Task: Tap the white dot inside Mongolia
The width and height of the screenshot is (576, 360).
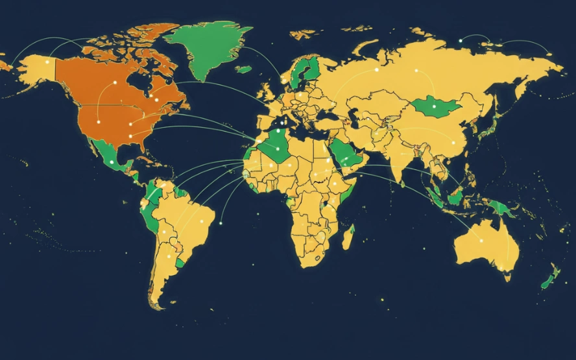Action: tap(434, 106)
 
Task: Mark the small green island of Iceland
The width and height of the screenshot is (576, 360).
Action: tap(244, 69)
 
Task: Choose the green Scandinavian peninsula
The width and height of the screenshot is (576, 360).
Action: tap(304, 71)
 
